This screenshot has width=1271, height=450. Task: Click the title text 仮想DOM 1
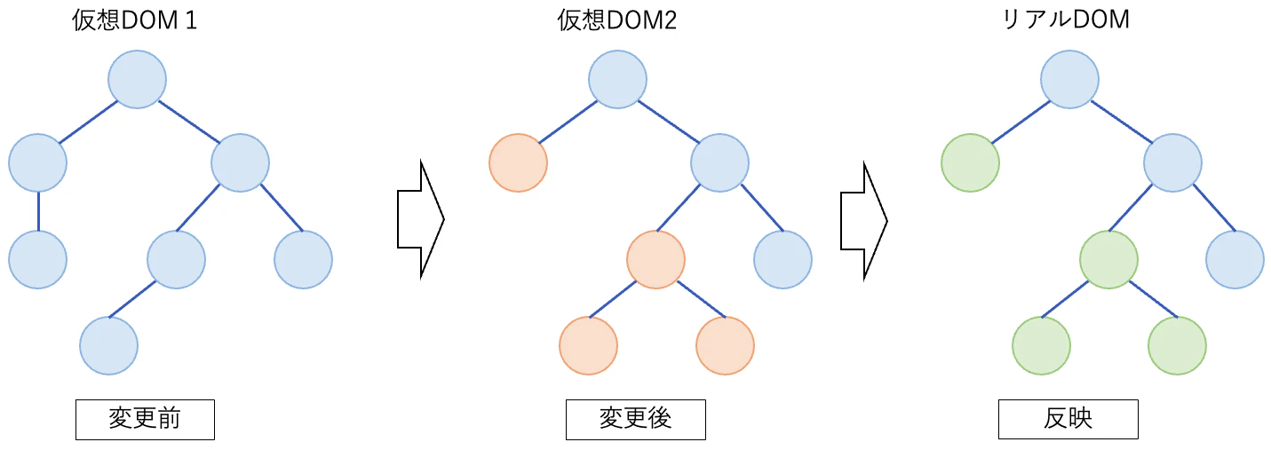(134, 21)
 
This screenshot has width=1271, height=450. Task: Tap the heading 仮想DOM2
(617, 21)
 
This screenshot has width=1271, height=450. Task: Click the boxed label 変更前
(145, 420)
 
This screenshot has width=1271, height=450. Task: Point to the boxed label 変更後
(635, 420)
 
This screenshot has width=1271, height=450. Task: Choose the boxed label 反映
(1068, 420)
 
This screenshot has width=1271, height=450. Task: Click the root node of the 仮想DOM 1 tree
(138, 79)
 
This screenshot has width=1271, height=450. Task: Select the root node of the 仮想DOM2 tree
(618, 79)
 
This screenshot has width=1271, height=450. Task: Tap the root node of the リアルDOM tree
(1070, 79)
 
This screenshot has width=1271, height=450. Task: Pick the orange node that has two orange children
(655, 259)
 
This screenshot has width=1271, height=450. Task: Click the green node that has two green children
(1108, 259)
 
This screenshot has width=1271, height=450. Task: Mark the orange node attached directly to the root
(518, 162)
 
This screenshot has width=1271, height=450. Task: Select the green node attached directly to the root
(970, 162)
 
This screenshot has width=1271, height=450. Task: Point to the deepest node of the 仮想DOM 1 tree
(108, 345)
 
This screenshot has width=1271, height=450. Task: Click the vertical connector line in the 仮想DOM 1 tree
(38, 210)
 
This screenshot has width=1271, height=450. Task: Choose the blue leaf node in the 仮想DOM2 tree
(782, 259)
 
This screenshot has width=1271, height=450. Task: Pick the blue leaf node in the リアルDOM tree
(1235, 259)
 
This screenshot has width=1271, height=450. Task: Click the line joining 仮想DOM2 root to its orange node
(568, 121)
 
